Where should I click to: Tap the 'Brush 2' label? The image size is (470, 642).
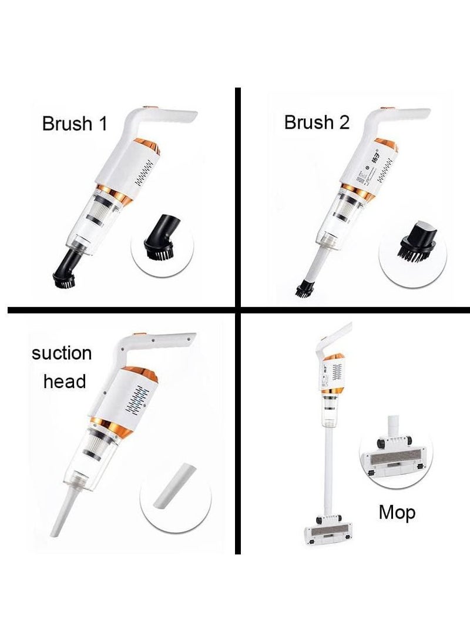(x=317, y=122)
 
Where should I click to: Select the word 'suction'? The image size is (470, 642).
(x=62, y=353)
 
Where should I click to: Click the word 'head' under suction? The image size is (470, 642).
(x=64, y=381)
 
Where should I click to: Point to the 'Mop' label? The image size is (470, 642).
(x=397, y=512)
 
